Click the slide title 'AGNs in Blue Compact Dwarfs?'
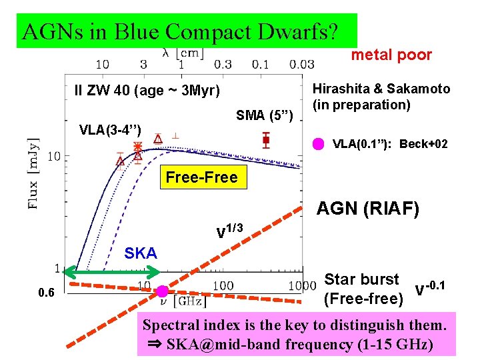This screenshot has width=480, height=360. pyautogui.click(x=180, y=31)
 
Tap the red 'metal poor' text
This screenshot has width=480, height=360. pyautogui.click(x=391, y=55)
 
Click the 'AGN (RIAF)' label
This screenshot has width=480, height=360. pyautogui.click(x=367, y=209)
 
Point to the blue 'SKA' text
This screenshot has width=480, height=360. pyautogui.click(x=141, y=253)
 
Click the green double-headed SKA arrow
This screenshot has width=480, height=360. pyautogui.click(x=117, y=273)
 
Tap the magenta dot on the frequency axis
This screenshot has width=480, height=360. pyautogui.click(x=162, y=291)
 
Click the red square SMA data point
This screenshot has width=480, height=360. pyautogui.click(x=266, y=140)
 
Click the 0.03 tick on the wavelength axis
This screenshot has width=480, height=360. pyautogui.click(x=301, y=65)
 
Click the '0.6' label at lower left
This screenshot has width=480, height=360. pyautogui.click(x=47, y=292)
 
